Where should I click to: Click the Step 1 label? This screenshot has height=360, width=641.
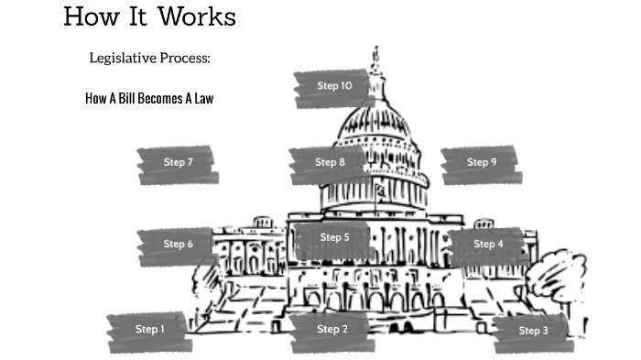pyautogui.click(x=150, y=330)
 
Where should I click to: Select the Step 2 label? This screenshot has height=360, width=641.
pyautogui.click(x=332, y=330)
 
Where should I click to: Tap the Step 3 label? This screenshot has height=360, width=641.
pyautogui.click(x=533, y=331)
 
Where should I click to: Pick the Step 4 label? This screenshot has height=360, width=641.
pyautogui.click(x=488, y=245)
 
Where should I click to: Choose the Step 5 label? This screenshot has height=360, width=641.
pyautogui.click(x=334, y=237)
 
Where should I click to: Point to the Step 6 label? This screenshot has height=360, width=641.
pyautogui.click(x=179, y=245)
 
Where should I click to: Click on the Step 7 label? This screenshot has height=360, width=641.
pyautogui.click(x=179, y=163)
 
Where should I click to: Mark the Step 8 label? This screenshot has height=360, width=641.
pyautogui.click(x=331, y=163)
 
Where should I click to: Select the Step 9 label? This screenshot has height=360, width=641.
pyautogui.click(x=482, y=163)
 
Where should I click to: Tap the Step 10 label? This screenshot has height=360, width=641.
pyautogui.click(x=334, y=86)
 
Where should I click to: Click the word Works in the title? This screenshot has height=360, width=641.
pyautogui.click(x=196, y=16)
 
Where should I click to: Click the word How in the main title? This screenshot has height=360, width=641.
pyautogui.click(x=88, y=16)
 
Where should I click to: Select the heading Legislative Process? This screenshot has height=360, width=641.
pyautogui.click(x=149, y=59)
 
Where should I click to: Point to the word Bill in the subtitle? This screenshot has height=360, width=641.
pyautogui.click(x=125, y=98)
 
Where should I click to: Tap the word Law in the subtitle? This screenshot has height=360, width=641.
pyautogui.click(x=203, y=98)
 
